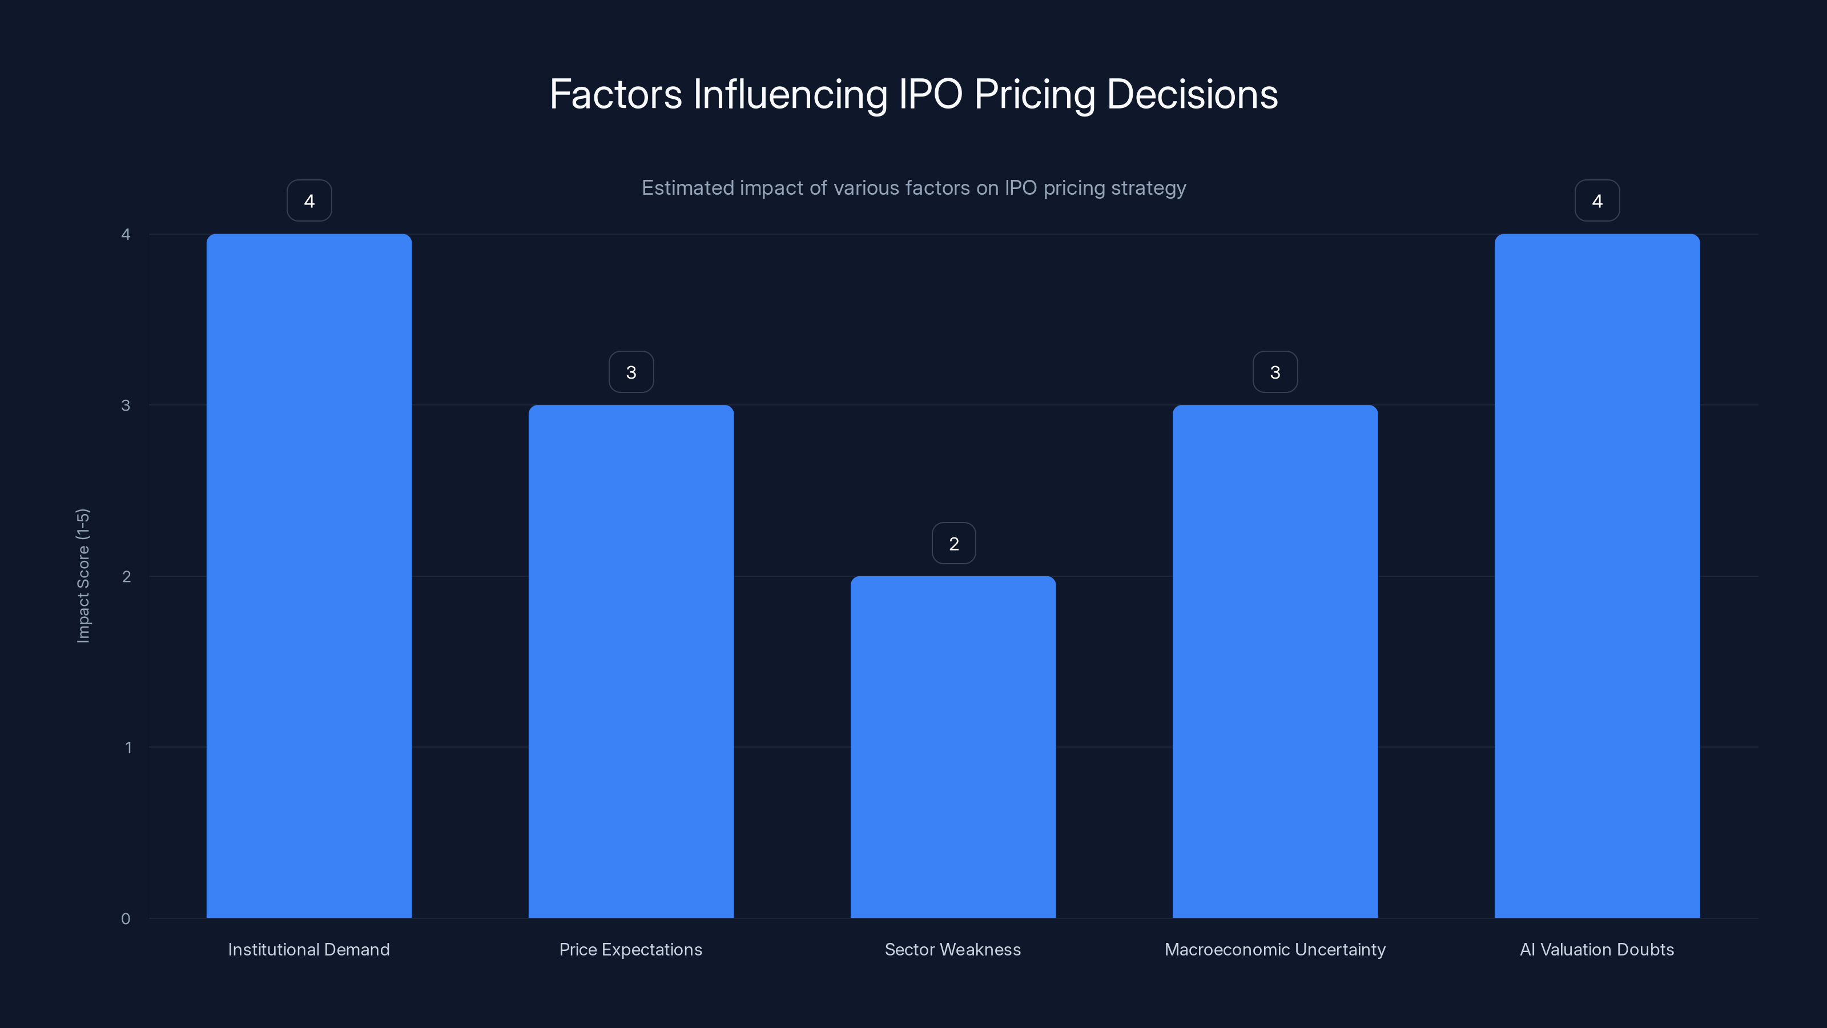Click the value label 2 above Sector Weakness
953,544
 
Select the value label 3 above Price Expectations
630,372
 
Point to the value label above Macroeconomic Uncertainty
1274,372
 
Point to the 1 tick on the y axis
128,747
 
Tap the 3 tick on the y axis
126,405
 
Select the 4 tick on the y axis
126,234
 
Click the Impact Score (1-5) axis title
83,575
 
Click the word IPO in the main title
930,94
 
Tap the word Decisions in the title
1192,94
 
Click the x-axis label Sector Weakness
952,949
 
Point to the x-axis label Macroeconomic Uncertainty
1274,949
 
